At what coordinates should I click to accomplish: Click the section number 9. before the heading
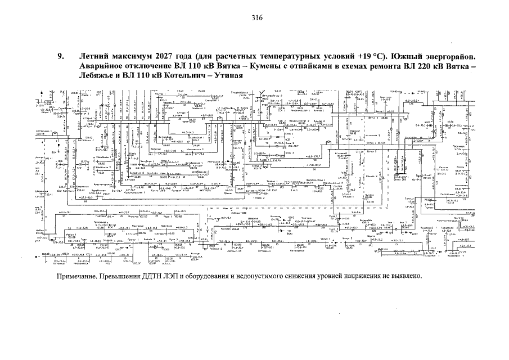60,57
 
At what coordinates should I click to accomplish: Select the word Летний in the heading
93,57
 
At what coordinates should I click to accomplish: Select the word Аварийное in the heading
103,66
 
